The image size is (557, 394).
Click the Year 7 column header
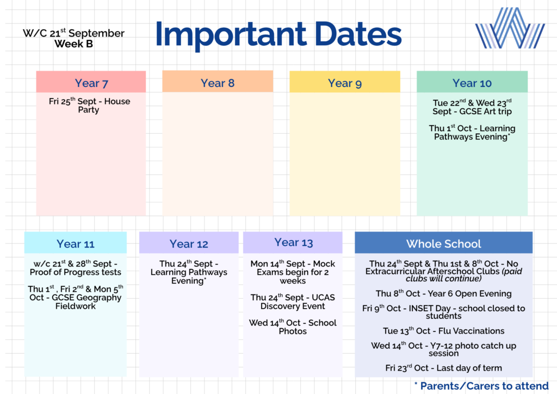(x=91, y=83)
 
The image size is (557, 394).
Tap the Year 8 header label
(x=218, y=83)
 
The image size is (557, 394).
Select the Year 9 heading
(x=344, y=83)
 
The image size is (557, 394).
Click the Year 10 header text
(x=472, y=83)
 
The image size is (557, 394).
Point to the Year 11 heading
(x=75, y=244)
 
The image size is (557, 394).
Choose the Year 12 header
(x=189, y=244)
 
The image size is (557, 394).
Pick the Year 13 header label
(x=293, y=242)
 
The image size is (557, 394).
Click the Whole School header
(x=444, y=244)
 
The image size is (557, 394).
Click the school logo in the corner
(x=510, y=28)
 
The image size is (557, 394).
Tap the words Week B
(x=73, y=44)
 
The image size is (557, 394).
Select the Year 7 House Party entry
(x=89, y=105)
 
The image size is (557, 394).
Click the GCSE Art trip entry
(x=472, y=107)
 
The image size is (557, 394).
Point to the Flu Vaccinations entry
(x=444, y=331)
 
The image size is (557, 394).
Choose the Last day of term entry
(x=444, y=368)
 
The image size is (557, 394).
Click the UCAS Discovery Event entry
(x=293, y=301)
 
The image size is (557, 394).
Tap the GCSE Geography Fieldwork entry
(x=75, y=297)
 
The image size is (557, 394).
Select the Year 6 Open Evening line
(x=444, y=293)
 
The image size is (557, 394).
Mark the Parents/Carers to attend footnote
(x=481, y=386)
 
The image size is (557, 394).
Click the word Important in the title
(x=231, y=34)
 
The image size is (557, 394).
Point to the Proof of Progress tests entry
(x=75, y=268)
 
